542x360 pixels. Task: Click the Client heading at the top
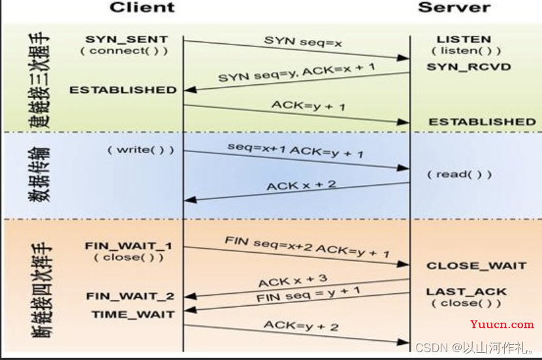tap(142, 8)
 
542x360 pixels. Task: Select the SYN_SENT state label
tap(126, 40)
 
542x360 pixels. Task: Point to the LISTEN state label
tap(464, 40)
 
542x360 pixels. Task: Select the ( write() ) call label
tap(141, 150)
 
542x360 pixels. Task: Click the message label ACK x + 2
tap(301, 186)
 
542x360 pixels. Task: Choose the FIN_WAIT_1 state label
tap(128, 246)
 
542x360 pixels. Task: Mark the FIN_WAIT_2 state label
tap(130, 296)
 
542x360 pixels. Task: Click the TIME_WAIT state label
tap(133, 314)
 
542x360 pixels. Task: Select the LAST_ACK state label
tap(466, 292)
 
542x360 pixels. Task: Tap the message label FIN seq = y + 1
tap(300, 295)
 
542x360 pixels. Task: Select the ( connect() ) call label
tap(126, 51)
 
